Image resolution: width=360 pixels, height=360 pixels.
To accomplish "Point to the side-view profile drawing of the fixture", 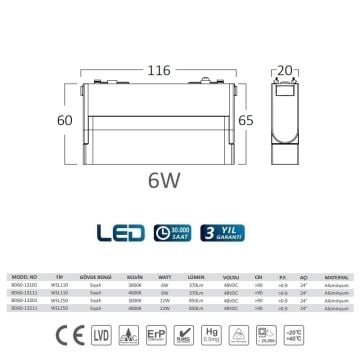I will coord(287,120).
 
